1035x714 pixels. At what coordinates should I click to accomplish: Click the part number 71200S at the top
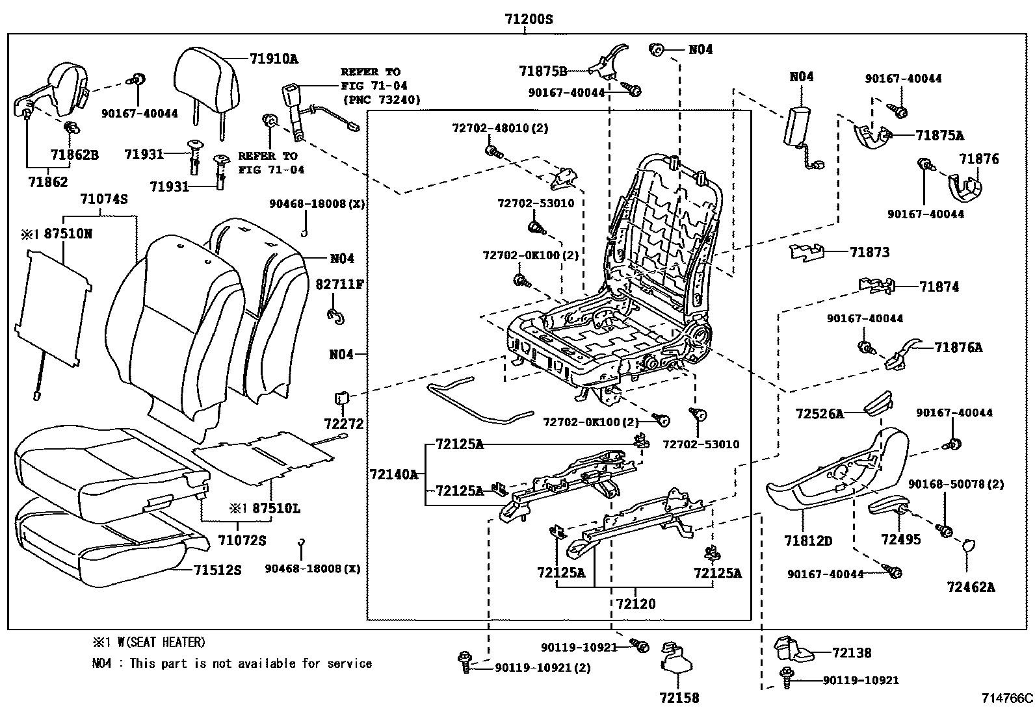coord(529,19)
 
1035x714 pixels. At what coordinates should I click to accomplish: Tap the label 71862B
coord(74,155)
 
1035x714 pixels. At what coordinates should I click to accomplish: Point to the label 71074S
coord(103,199)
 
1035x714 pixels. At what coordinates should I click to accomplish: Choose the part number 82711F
coord(339,284)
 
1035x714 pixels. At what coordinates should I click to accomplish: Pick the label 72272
coord(344,424)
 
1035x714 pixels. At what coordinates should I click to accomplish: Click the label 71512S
coord(217,570)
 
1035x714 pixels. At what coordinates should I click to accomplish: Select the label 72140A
coord(393,474)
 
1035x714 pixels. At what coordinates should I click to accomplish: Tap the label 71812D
coord(808,541)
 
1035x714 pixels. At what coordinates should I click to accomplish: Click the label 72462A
coord(971,587)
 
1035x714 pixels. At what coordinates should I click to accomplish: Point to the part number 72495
coord(900,539)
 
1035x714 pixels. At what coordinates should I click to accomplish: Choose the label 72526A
coord(819,413)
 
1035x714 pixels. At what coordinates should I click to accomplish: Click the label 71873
coord(869,252)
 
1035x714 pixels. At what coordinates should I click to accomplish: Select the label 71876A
coord(958,348)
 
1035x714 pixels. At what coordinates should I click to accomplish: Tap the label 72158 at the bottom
coord(678,698)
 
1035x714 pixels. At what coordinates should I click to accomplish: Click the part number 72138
coord(852,653)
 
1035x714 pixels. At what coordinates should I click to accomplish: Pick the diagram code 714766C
coord(1007,699)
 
